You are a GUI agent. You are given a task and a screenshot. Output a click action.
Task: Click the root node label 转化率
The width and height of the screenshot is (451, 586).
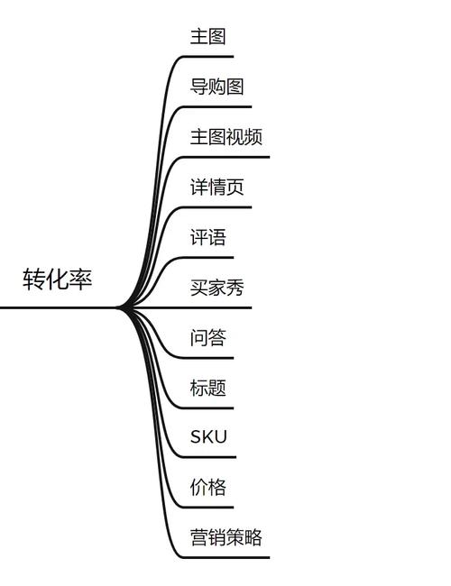pos(58,279)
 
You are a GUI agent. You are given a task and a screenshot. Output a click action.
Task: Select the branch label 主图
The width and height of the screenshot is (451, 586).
pos(207,37)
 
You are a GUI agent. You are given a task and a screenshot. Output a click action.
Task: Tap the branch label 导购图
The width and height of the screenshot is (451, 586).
pos(216,87)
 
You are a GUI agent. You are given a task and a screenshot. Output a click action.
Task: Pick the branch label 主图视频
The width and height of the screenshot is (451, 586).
pos(225,137)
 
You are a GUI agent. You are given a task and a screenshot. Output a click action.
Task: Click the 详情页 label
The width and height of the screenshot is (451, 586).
pos(216,188)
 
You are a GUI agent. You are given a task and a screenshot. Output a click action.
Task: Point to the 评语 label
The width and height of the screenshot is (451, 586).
pos(207,238)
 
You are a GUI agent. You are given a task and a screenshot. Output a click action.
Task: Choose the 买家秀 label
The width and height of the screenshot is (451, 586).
pos(216,288)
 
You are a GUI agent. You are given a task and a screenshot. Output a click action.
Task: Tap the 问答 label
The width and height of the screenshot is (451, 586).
pos(207,338)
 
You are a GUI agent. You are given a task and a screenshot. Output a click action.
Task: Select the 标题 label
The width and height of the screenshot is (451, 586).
pos(207,389)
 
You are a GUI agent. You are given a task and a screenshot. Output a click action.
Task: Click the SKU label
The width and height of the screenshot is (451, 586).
pos(208,438)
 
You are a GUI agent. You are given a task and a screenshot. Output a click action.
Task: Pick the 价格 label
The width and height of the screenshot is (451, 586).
pos(207,488)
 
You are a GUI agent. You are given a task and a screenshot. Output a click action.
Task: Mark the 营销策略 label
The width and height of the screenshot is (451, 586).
pos(225,538)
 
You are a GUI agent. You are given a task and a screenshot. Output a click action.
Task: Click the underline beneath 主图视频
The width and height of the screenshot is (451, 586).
pos(225,157)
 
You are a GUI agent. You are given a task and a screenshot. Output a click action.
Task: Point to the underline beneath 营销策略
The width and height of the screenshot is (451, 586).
pos(225,557)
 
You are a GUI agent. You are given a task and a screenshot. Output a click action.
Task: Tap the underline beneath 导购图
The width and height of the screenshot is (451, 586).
pos(216,106)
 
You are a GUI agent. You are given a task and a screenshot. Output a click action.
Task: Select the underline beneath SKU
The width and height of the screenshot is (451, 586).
pos(208,457)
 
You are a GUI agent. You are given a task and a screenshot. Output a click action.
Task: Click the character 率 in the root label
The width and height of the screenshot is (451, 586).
pos(81,279)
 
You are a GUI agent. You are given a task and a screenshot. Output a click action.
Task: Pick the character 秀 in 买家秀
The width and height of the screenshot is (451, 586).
pos(235,288)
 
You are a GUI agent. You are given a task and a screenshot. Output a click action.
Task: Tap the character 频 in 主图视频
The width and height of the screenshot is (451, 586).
pos(253,137)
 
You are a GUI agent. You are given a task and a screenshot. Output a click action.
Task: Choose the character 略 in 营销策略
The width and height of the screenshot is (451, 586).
pos(253,538)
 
